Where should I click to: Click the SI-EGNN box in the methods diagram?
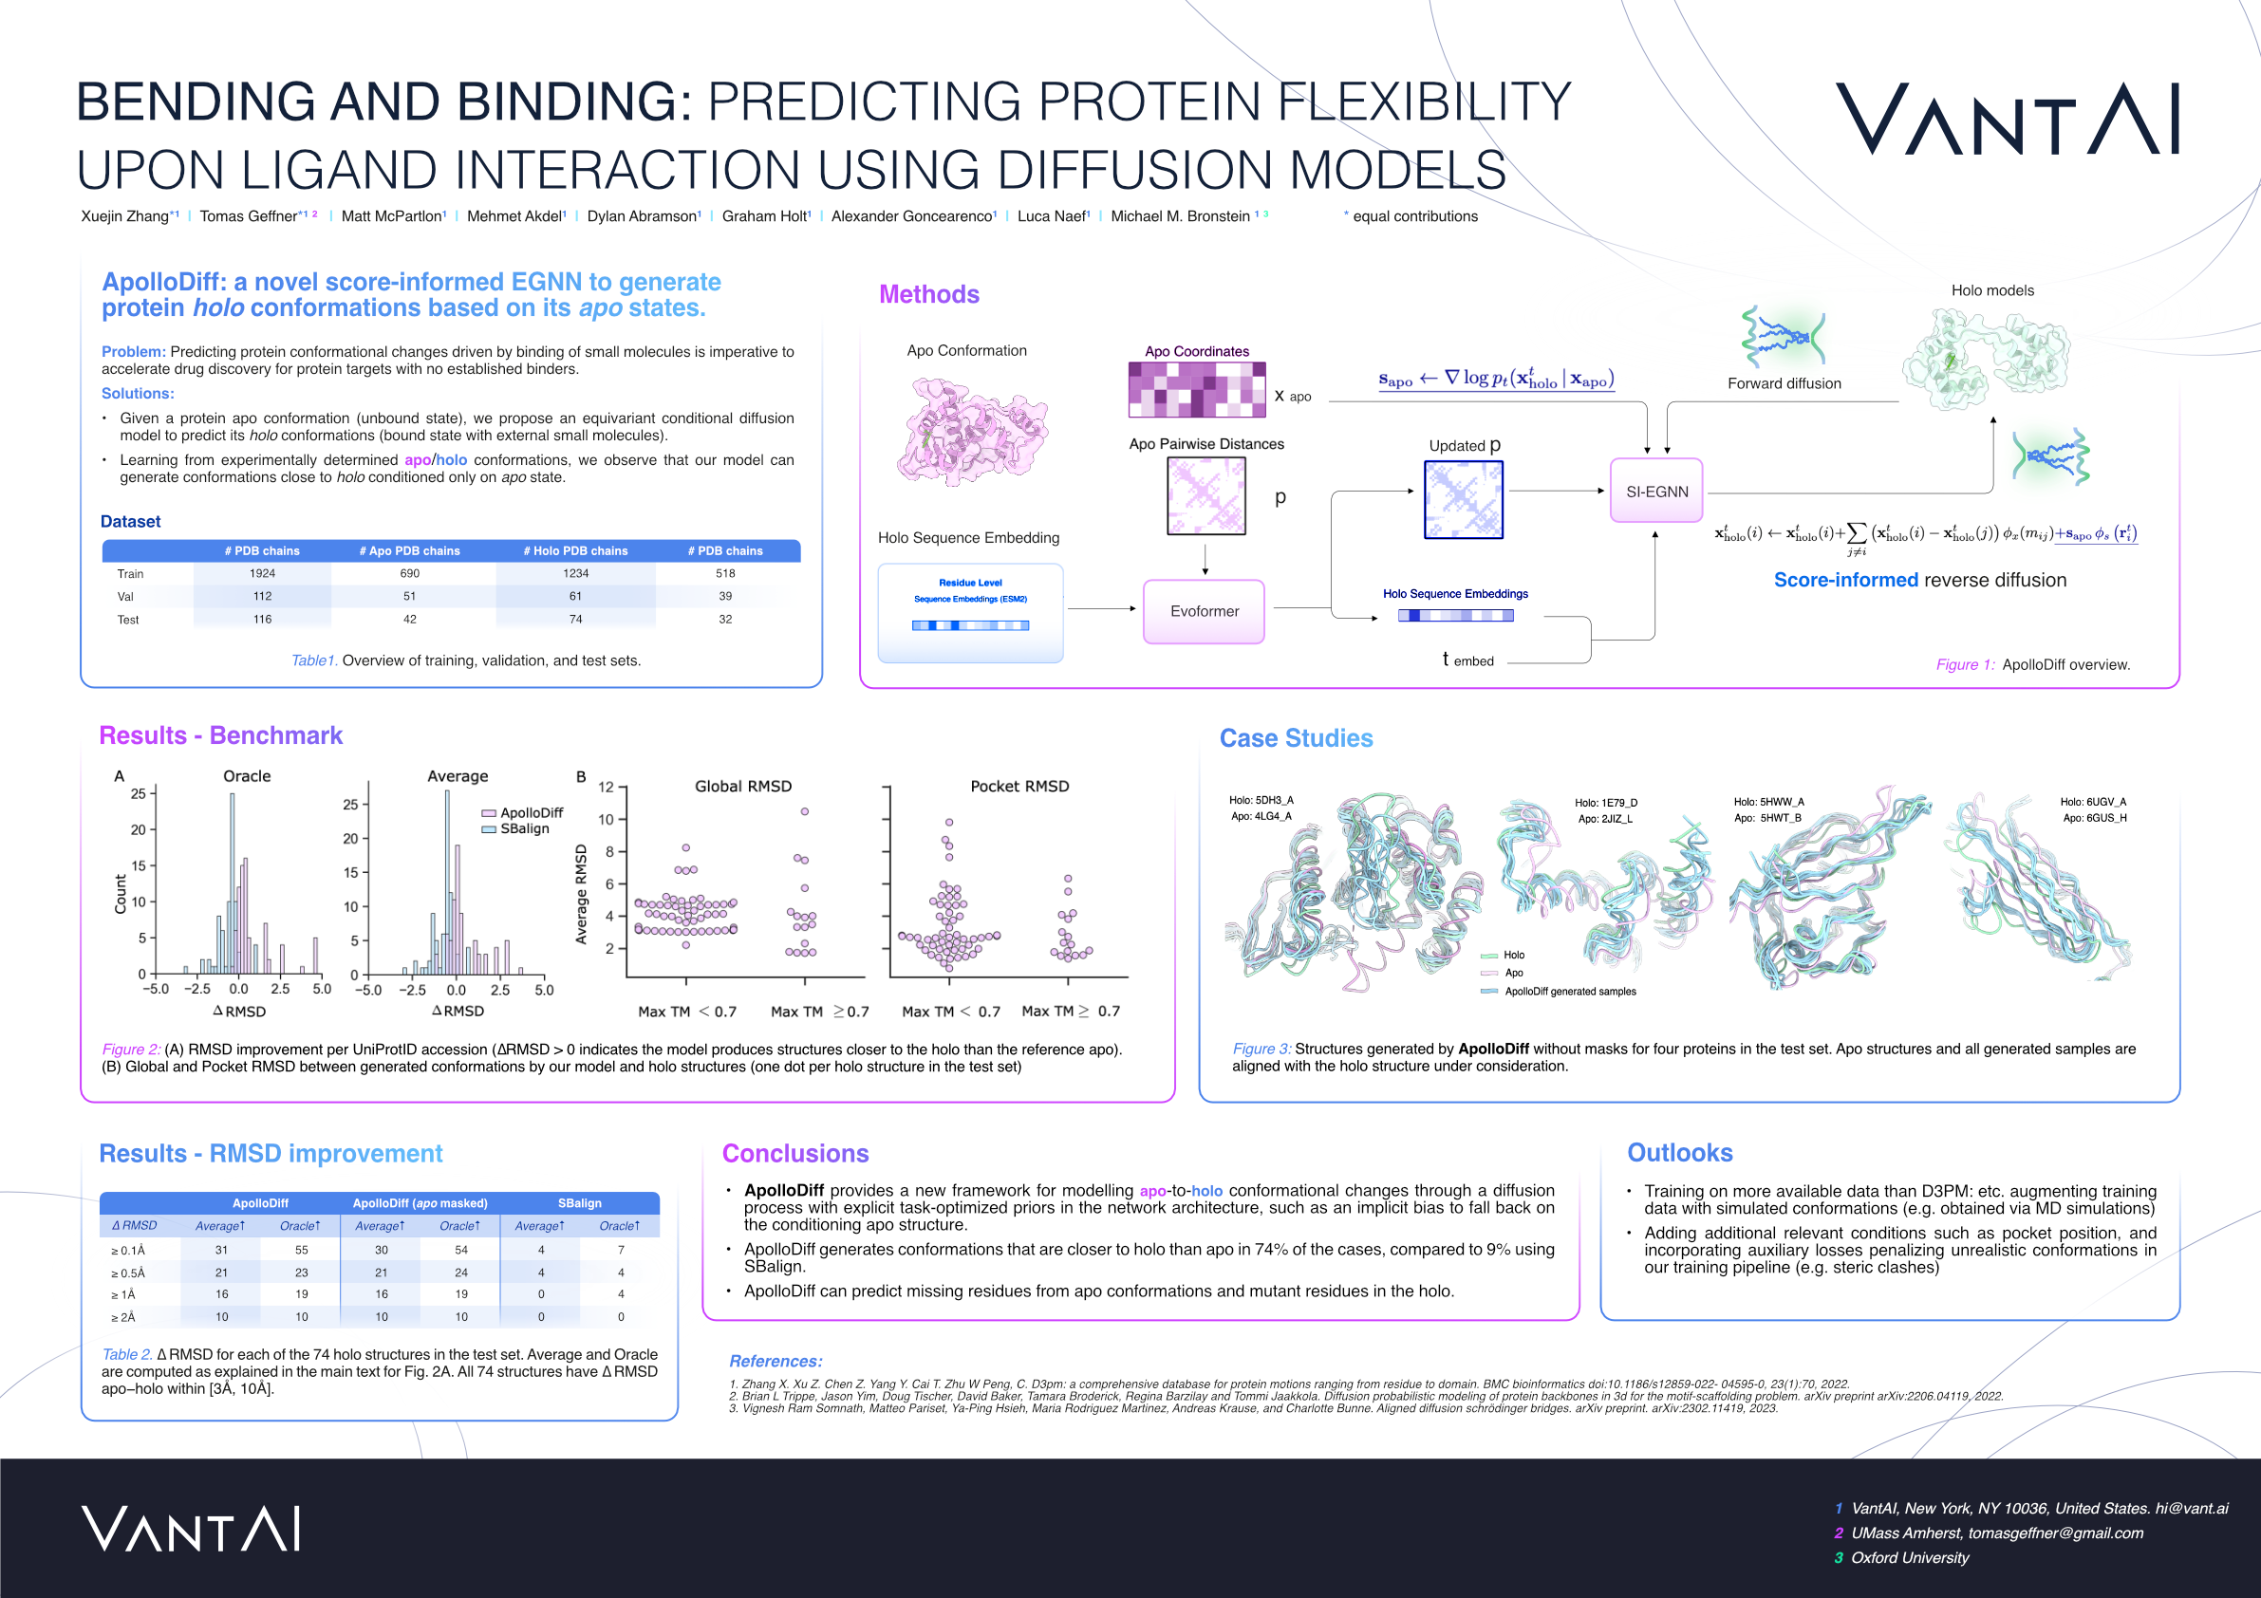coord(1656,492)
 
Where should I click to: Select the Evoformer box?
coord(1204,611)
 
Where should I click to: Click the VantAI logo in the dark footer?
coord(191,1529)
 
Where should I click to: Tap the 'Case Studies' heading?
coord(1296,738)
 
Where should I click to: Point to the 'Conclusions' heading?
coord(794,1153)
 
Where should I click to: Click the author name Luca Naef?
coord(1052,216)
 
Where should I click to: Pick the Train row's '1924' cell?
coord(262,573)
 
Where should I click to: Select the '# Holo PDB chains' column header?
coord(575,551)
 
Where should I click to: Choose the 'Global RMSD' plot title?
coord(742,786)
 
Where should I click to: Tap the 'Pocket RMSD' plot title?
coord(1019,786)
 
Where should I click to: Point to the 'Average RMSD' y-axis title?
coord(581,894)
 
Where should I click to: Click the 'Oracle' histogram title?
coord(246,776)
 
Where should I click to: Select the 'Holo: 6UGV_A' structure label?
coord(2093,802)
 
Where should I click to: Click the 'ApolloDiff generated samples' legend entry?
coord(1570,992)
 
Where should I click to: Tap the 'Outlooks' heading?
coord(1679,1153)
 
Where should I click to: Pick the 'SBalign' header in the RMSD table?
coord(579,1203)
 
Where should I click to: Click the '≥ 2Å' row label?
coord(123,1317)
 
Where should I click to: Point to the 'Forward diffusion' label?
coord(1784,384)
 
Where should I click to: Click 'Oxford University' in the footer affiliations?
coord(1910,1557)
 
